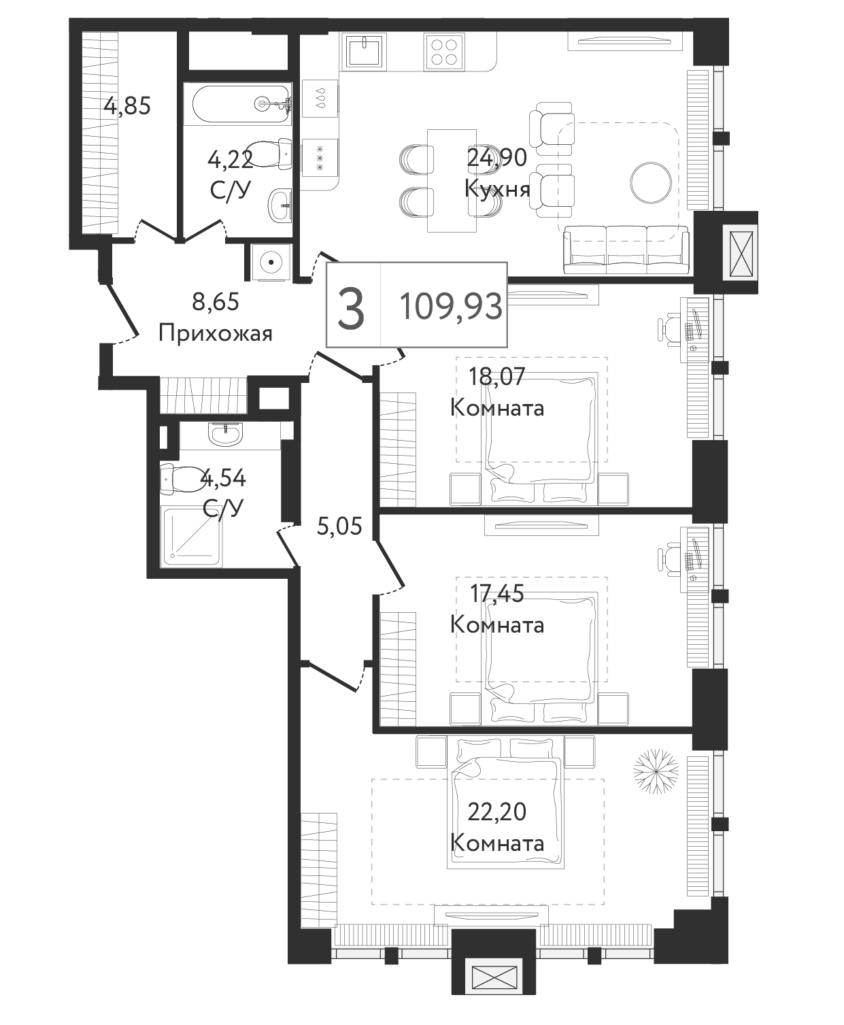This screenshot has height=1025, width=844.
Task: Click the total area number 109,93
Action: tap(451, 307)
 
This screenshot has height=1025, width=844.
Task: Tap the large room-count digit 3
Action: tap(351, 308)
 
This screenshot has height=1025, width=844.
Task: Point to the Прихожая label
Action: tap(215, 334)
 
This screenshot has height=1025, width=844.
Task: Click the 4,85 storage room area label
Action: tap(126, 105)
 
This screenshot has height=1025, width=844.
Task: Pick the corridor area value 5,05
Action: tap(339, 526)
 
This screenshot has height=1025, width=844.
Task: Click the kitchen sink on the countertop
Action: tap(365, 50)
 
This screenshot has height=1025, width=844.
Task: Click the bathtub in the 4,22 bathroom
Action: tap(241, 104)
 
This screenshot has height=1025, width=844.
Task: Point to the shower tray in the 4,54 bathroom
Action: tap(192, 537)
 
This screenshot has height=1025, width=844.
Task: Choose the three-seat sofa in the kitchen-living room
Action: tap(626, 250)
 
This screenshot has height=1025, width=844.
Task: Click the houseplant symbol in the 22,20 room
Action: tap(656, 772)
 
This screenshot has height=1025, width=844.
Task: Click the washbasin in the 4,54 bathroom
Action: tap(225, 434)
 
